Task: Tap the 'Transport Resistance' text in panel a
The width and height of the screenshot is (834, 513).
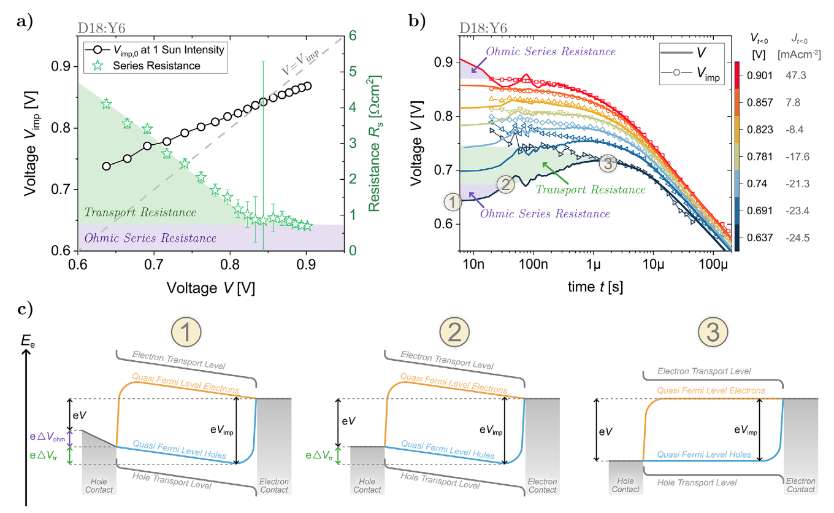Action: tap(140, 213)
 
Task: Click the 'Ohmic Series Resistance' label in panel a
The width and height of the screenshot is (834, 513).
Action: tap(150, 238)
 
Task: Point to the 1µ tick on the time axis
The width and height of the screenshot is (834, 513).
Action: tap(592, 264)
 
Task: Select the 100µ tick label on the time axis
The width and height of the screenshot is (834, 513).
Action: tap(713, 264)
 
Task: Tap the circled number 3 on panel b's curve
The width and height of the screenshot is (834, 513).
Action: tap(608, 163)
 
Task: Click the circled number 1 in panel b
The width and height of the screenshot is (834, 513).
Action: tap(451, 201)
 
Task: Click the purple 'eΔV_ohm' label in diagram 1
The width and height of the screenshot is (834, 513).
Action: tap(49, 438)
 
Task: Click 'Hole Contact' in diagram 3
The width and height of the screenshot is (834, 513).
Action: tap(625, 486)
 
